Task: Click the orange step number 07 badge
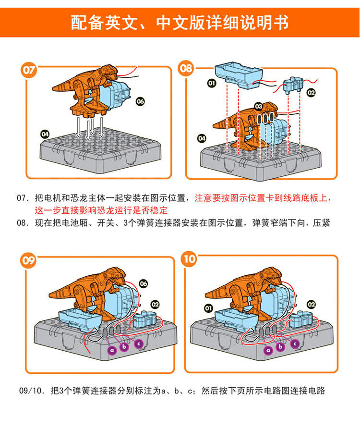[29, 70]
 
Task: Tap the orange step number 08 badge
[186, 68]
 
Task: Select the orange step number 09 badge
[28, 260]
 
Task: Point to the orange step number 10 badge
[189, 258]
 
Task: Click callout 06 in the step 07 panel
[140, 101]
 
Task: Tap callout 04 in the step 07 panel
[45, 134]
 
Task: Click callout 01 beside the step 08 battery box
[212, 83]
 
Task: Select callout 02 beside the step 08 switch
[311, 92]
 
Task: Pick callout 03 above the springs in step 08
[259, 106]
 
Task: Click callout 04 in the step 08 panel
[202, 138]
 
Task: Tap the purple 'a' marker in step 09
[112, 350]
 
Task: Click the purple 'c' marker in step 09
[139, 344]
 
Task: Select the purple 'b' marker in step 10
[280, 346]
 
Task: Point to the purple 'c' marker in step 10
[295, 344]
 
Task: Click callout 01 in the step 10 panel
[208, 308]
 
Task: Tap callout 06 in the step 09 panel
[144, 283]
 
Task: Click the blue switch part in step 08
[293, 85]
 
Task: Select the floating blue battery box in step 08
[239, 74]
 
